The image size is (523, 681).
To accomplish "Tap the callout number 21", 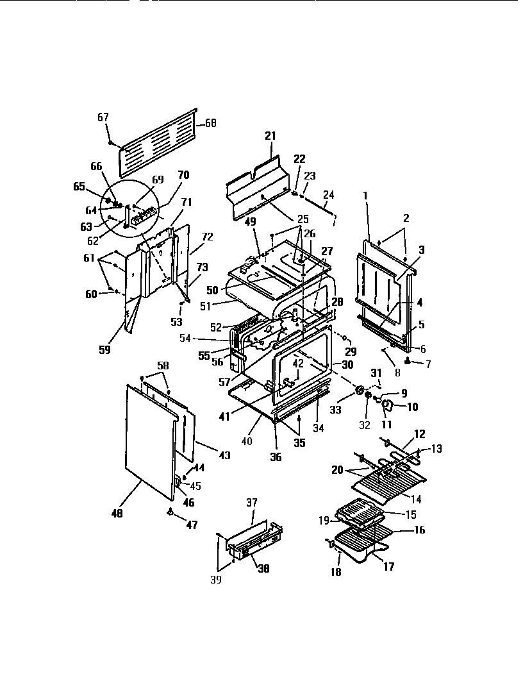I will pyautogui.click(x=270, y=135).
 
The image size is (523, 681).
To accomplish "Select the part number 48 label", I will pyautogui.click(x=117, y=514).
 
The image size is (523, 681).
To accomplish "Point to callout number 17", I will pyautogui.click(x=388, y=567).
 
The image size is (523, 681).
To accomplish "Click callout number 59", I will pyautogui.click(x=104, y=349).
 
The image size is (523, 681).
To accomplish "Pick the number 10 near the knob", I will pyautogui.click(x=411, y=406).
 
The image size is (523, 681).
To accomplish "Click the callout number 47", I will pyautogui.click(x=192, y=525).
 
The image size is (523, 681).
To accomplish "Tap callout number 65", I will pyautogui.click(x=79, y=187).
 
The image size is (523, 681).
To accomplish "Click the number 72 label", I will pyautogui.click(x=207, y=237).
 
